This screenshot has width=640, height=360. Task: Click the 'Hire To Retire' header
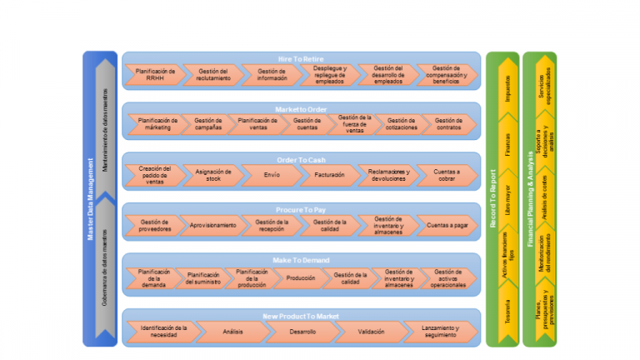301,58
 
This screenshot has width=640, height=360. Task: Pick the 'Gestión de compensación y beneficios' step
446,75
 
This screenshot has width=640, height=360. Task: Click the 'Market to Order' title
301,108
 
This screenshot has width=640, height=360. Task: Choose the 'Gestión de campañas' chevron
207,125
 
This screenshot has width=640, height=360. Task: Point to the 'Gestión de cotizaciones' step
401,125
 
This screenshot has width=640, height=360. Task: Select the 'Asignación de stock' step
207,175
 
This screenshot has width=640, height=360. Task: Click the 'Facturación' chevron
328,175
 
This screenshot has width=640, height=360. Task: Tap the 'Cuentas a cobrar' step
446,175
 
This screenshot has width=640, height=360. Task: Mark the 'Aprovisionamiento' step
212,225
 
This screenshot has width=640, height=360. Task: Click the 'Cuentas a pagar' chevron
447,225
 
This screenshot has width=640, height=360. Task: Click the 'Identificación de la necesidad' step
162,332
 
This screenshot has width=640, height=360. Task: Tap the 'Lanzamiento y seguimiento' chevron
437,332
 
